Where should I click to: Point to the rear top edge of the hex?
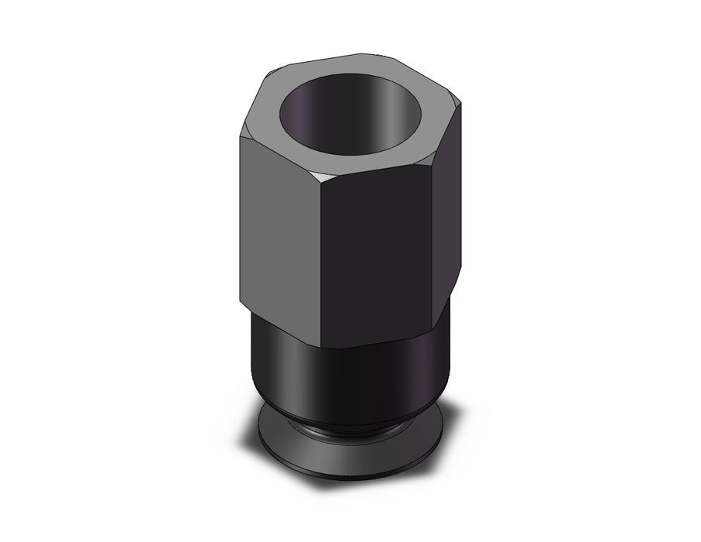coord(364,57)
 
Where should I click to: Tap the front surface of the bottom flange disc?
coord(348,457)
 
